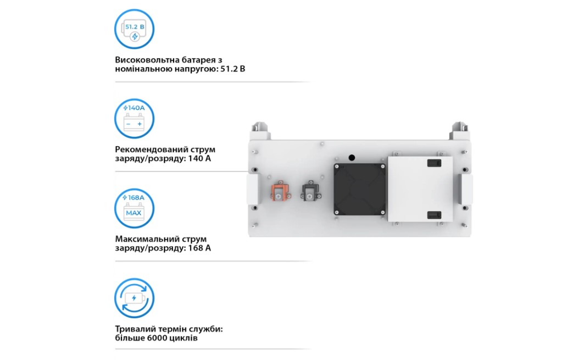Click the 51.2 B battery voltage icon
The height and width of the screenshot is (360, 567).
click(134, 29)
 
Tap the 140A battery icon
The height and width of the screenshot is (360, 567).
click(134, 119)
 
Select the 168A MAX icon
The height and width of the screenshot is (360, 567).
click(134, 208)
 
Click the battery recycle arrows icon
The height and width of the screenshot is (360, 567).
click(134, 298)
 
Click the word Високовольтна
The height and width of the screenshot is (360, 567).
click(147, 60)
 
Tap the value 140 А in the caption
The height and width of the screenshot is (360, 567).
click(199, 158)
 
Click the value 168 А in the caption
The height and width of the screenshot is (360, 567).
click(199, 248)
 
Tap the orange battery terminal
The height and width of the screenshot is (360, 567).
click(281, 191)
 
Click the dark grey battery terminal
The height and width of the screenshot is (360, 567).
click(310, 191)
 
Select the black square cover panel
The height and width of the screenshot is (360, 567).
click(359, 189)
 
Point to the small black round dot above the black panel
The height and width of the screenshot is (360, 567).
click(352, 158)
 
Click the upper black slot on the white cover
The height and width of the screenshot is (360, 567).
click(434, 163)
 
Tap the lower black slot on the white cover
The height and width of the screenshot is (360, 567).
click(434, 215)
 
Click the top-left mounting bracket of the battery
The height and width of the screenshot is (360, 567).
click(261, 131)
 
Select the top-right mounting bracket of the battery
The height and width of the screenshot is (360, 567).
click(459, 131)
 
